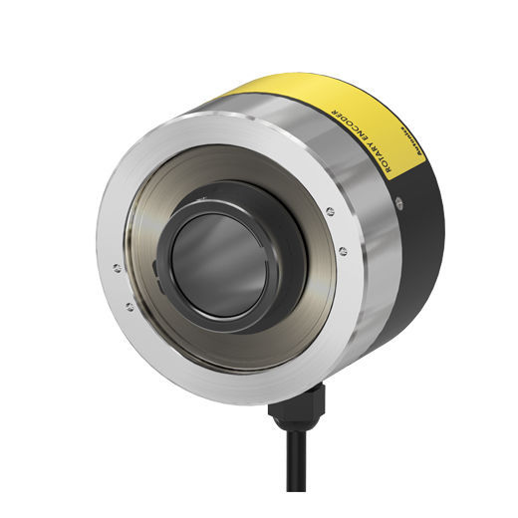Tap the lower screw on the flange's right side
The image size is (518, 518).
pos(342,251)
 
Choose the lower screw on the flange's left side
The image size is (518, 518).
pos(129,306)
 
